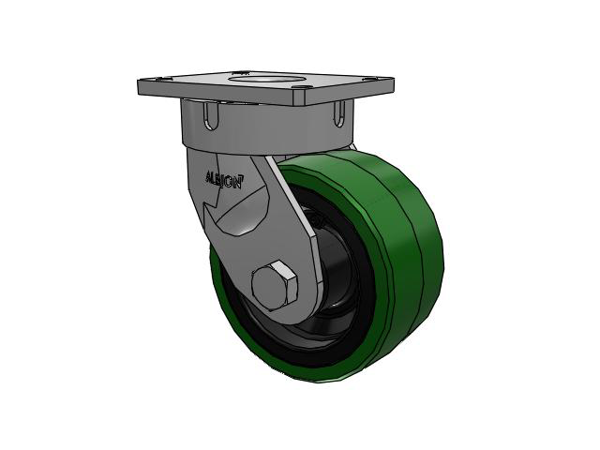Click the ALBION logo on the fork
pos(224,180)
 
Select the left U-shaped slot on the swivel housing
pos(211,114)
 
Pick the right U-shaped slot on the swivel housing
pos(339,113)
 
